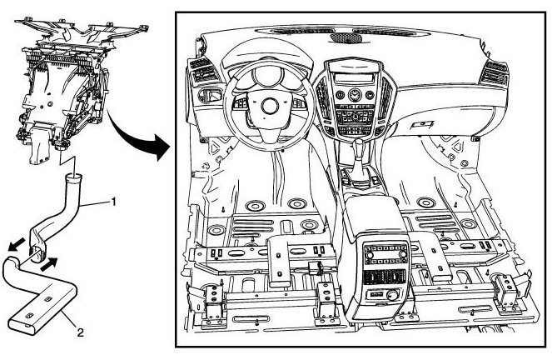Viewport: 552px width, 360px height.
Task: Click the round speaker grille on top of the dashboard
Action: [345, 38]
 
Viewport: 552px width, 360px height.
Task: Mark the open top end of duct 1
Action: [74, 177]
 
